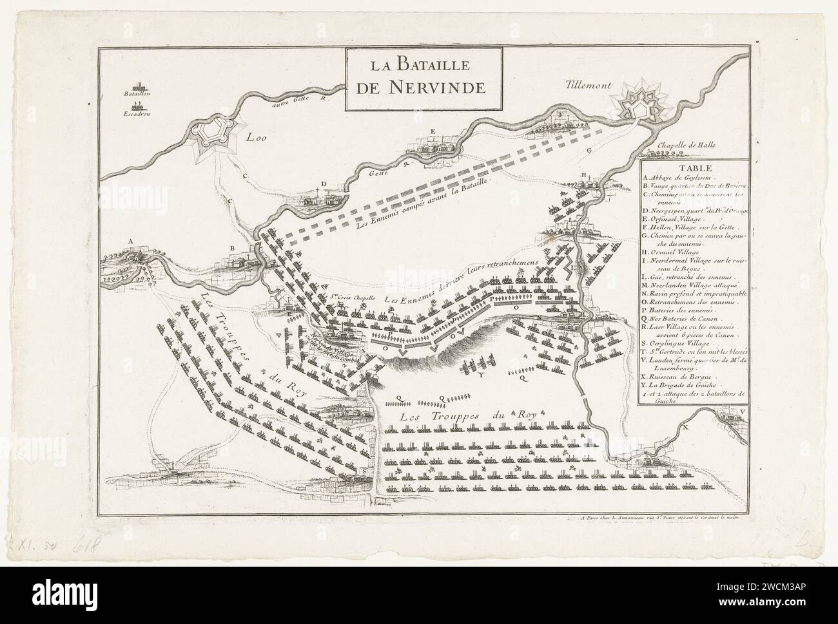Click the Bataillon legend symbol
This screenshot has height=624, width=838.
pos(139,85)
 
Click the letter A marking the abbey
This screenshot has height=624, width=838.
pos(131,241)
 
